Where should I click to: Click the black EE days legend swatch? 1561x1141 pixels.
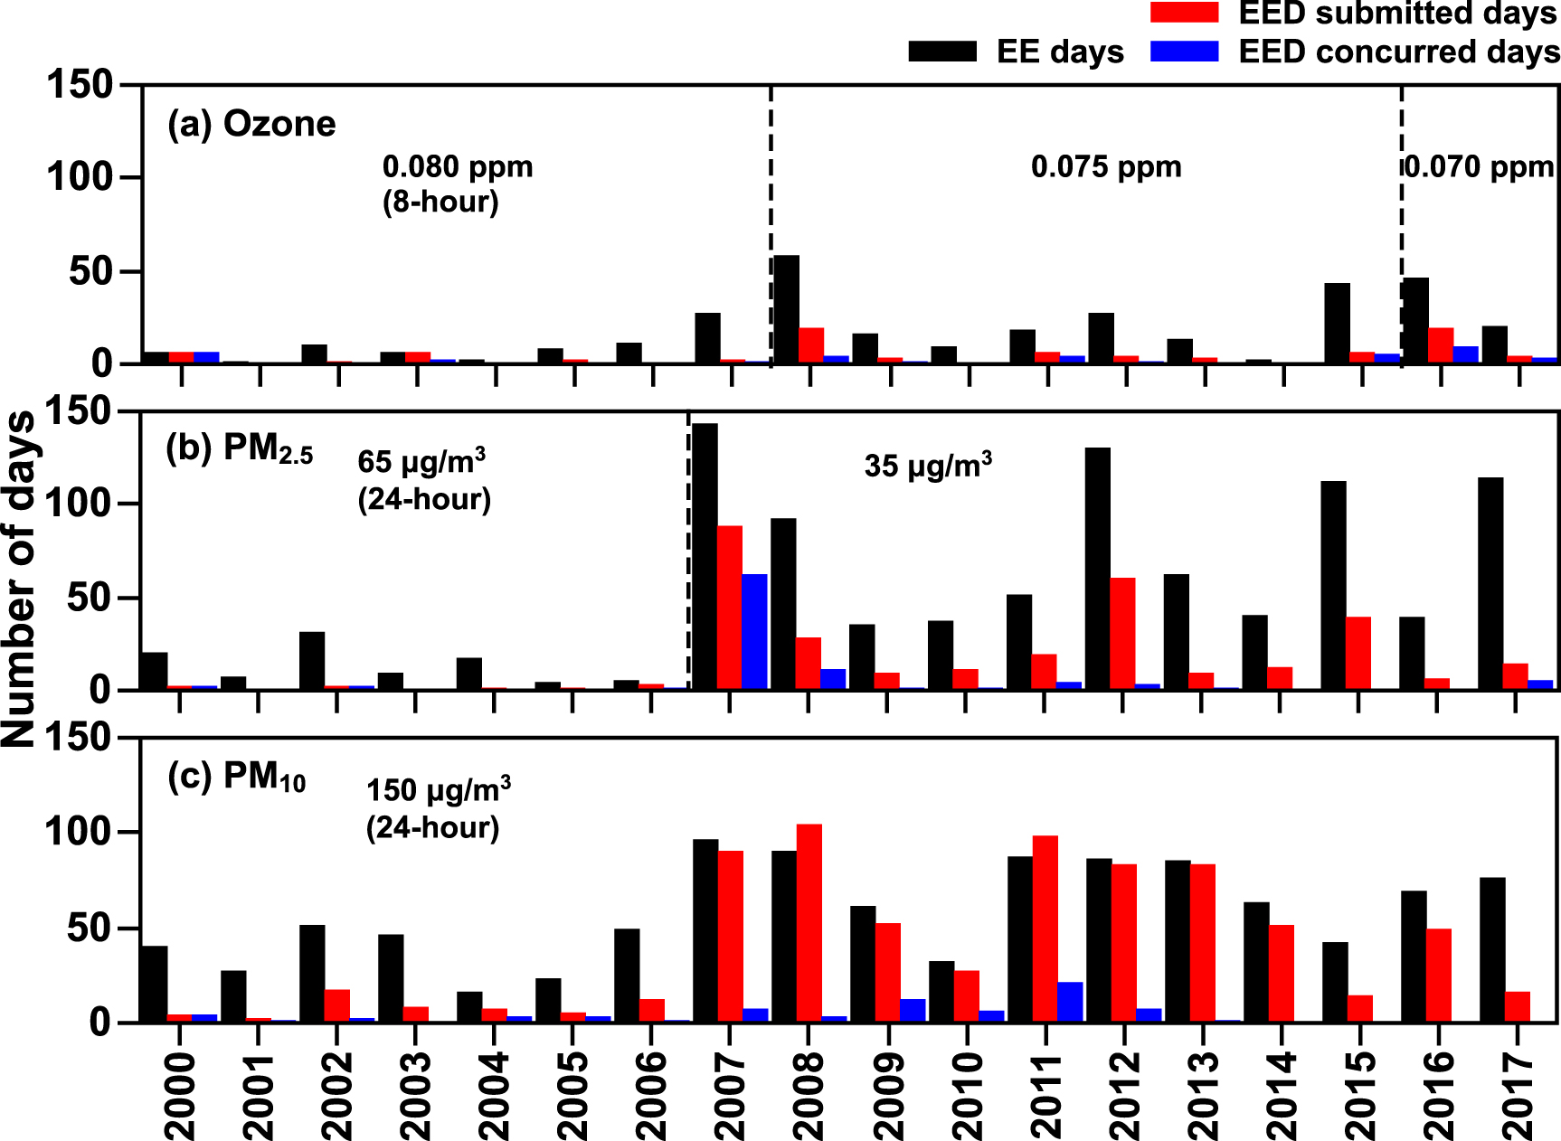[942, 52]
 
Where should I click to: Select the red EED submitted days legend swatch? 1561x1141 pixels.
[1184, 12]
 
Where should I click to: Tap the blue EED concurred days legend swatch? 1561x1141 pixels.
[1184, 52]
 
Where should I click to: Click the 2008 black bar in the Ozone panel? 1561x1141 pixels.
[786, 309]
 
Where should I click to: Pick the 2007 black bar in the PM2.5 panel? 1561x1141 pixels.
[705, 556]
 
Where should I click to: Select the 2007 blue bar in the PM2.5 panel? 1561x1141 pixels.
[754, 631]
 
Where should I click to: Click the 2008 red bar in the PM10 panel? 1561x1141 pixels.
[809, 922]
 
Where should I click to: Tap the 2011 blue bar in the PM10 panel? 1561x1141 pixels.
[1070, 1002]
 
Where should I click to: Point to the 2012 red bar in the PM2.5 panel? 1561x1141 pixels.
[1122, 633]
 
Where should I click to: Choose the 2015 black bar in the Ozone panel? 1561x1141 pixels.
[1337, 323]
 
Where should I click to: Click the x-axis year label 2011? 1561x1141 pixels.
[1046, 1094]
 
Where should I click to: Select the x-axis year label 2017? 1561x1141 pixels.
[1518, 1094]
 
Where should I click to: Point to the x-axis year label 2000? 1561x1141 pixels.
[180, 1094]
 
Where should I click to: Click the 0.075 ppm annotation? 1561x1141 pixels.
[1106, 167]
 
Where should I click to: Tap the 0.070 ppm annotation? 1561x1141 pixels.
[1480, 167]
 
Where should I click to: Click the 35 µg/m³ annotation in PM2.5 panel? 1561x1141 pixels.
[928, 466]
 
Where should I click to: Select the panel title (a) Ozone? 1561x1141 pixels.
[251, 124]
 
